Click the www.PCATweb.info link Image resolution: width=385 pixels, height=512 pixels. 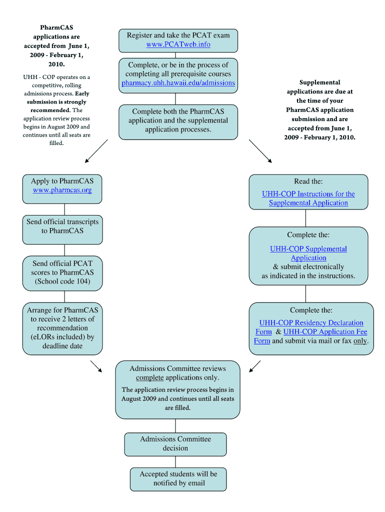pyautogui.click(x=178, y=44)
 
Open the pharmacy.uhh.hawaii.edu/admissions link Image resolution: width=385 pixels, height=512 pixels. pyautogui.click(x=178, y=83)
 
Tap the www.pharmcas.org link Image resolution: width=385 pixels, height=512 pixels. pyautogui.click(x=62, y=190)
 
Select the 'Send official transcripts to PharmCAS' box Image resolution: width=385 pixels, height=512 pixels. pyautogui.click(x=62, y=226)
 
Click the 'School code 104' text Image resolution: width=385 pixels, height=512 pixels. pyautogui.click(x=62, y=281)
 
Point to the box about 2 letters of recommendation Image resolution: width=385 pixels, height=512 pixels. pyautogui.click(x=62, y=328)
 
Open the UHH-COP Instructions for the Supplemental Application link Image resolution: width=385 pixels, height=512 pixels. pyautogui.click(x=308, y=198)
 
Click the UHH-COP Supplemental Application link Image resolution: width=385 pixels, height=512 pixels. pyautogui.click(x=308, y=253)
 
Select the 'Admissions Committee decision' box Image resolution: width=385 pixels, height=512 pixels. pyautogui.click(x=175, y=444)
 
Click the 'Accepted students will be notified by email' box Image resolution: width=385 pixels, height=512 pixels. pyautogui.click(x=178, y=478)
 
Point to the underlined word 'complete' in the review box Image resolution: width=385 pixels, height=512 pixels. pyautogui.click(x=149, y=378)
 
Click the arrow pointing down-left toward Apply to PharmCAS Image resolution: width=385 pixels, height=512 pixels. pyautogui.click(x=95, y=151)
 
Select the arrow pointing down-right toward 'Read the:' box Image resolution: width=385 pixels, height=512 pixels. pyautogui.click(x=260, y=151)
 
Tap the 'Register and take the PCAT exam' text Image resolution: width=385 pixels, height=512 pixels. pyautogui.click(x=178, y=35)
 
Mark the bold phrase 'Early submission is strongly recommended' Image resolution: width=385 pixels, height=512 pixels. pyautogui.click(x=56, y=101)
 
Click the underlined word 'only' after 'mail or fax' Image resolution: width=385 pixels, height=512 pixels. pyautogui.click(x=360, y=341)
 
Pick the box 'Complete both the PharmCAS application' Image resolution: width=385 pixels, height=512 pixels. pyautogui.click(x=178, y=120)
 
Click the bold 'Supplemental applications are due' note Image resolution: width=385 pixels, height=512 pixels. pyautogui.click(x=320, y=110)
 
